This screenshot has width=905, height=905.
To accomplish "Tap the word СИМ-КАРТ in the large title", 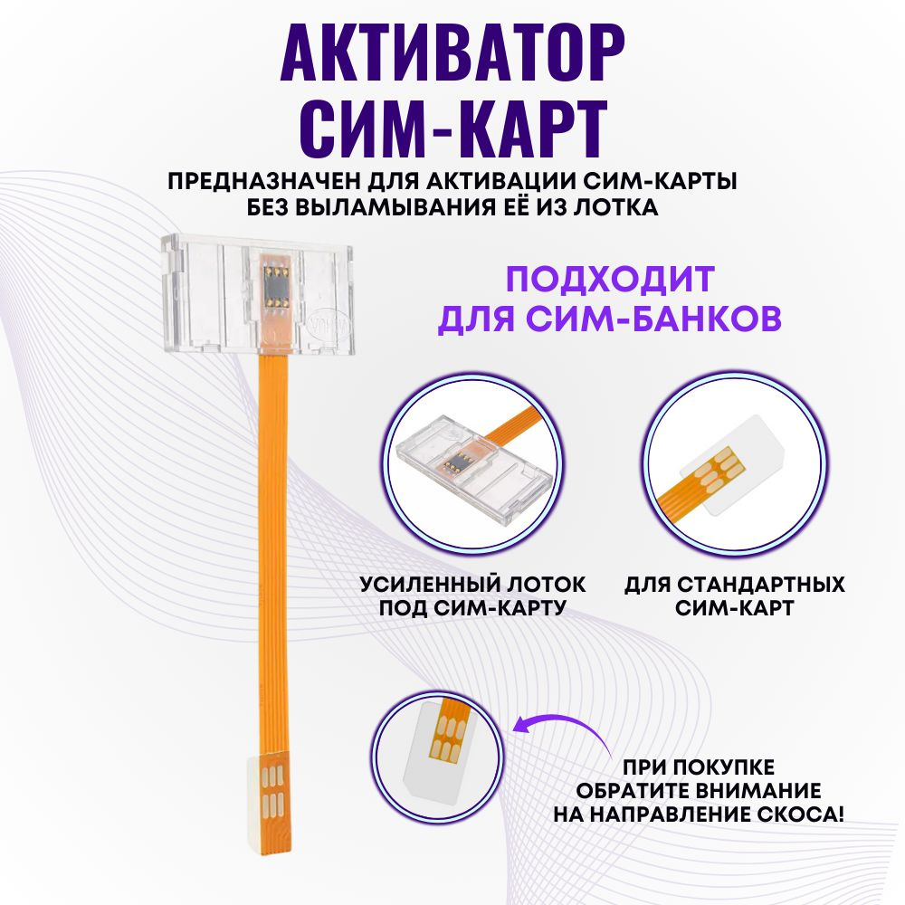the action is point(453,129).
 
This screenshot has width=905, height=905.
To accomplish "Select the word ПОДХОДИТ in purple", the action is point(610,280).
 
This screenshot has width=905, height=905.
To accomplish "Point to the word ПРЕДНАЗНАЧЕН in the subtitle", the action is point(265,182).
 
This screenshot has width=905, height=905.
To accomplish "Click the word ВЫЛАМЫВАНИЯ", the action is point(395,207).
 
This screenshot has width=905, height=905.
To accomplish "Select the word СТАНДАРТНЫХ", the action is point(761,585).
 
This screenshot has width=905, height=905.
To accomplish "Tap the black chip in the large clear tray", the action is point(276,286).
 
